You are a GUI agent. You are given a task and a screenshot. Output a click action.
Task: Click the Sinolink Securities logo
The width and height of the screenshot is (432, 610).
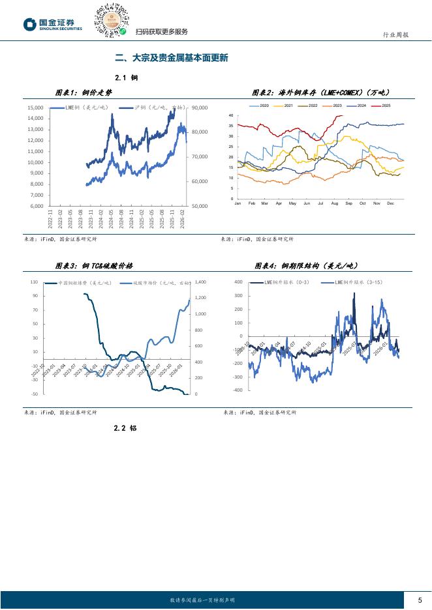coord(53,24)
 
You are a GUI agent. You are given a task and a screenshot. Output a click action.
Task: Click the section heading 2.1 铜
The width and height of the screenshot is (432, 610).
coord(125,78)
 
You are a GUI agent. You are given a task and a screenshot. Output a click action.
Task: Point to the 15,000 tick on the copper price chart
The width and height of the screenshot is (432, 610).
coord(35,108)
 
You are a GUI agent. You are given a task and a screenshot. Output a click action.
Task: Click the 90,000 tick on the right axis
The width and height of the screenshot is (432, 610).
coord(200,108)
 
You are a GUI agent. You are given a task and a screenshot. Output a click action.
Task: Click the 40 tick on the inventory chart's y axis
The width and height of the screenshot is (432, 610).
coord(232,115)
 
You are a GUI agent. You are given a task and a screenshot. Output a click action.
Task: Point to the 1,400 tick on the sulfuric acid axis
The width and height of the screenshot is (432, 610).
coord(200,282)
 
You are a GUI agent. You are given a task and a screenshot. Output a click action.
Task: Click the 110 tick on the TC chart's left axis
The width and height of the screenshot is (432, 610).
coord(35,282)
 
